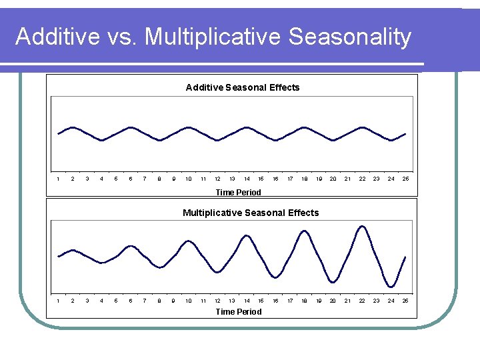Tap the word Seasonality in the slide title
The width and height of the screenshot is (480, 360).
350,37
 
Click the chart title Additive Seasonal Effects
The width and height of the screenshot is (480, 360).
243,87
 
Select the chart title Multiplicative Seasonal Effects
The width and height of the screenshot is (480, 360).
251,213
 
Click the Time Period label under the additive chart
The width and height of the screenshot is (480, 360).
238,192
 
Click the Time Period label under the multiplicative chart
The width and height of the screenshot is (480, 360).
238,311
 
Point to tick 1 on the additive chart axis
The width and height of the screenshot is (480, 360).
59,179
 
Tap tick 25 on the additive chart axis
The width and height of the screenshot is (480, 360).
405,179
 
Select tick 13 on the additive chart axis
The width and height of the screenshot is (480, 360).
232,179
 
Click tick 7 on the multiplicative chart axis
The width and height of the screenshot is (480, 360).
145,301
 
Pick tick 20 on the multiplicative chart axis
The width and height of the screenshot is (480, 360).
333,301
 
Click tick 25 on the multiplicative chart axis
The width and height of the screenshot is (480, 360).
405,301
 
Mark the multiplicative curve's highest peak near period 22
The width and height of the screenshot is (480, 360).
363,226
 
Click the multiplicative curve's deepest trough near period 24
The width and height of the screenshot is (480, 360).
391,287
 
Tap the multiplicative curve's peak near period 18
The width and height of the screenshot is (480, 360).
305,231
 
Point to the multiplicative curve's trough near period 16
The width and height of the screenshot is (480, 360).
275,277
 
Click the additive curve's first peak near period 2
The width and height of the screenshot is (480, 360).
73,127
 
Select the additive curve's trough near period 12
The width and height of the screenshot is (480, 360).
217,141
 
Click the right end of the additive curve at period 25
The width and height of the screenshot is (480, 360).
405,134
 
